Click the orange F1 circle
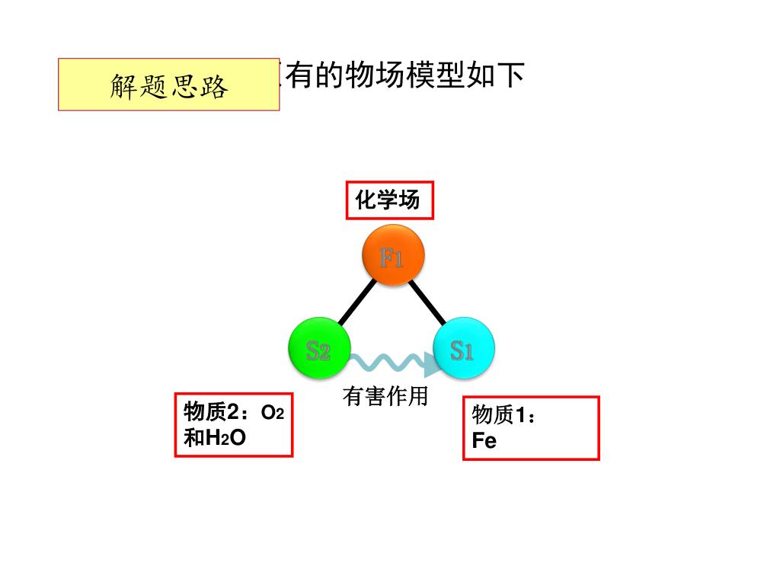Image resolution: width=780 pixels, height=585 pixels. pyautogui.click(x=392, y=257)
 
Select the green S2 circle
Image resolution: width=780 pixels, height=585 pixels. pyautogui.click(x=318, y=349)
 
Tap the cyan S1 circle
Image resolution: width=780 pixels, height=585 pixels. pyautogui.click(x=464, y=349)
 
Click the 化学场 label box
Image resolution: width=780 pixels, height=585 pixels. pyautogui.click(x=389, y=200)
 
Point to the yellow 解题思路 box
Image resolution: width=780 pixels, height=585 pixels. pyautogui.click(x=168, y=85)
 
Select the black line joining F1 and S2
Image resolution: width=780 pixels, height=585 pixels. pyautogui.click(x=356, y=302)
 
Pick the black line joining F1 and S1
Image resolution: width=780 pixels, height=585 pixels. pyautogui.click(x=427, y=302)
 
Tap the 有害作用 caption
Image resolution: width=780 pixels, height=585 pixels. pyautogui.click(x=385, y=396)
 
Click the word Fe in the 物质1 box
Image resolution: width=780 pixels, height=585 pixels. pyautogui.click(x=484, y=440)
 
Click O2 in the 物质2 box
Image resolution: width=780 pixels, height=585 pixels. pyautogui.click(x=273, y=413)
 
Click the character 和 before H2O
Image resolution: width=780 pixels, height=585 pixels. pyautogui.click(x=194, y=438)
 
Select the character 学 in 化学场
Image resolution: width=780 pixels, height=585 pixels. pyautogui.click(x=388, y=200)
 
